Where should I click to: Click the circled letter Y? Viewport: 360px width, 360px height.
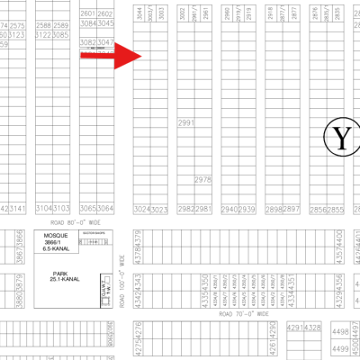point(341,137)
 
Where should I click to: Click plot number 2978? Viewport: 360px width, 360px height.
point(202,180)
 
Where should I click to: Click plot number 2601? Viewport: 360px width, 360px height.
point(87,14)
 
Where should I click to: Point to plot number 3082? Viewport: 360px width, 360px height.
point(87,42)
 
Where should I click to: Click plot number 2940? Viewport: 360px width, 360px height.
point(229,209)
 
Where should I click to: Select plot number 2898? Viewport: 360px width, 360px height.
point(274,209)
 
